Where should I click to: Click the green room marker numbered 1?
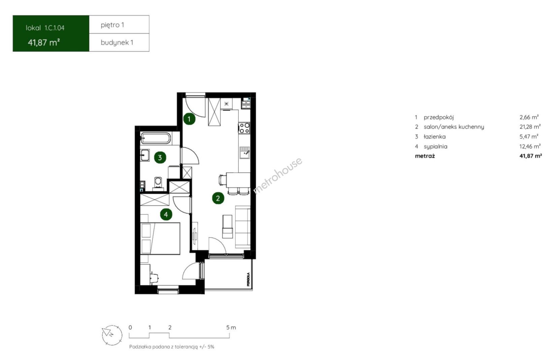[189, 119]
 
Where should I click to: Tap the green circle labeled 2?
[218, 198]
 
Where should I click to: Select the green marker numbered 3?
[160, 157]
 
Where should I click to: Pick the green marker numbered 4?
[166, 214]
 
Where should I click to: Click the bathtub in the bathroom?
[156, 138]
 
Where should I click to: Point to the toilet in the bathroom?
[158, 183]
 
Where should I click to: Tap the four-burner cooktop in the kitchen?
[244, 128]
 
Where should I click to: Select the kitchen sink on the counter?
[245, 152]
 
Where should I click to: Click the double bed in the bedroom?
[160, 238]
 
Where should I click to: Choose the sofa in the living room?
[243, 227]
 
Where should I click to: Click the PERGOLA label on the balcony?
[248, 279]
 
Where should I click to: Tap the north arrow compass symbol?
[112, 335]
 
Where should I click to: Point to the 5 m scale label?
[231, 327]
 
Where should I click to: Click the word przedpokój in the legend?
[439, 117]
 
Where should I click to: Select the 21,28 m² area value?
[530, 127]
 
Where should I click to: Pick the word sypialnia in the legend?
[435, 147]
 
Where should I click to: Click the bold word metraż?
[425, 156]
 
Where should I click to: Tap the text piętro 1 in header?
[112, 25]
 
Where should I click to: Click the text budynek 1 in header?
[117, 42]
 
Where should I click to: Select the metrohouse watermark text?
[278, 175]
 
